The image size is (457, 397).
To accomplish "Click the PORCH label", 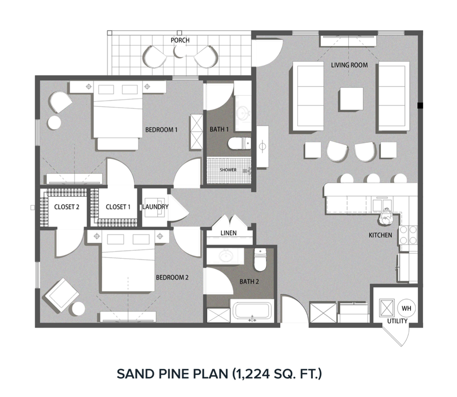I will tap(180, 40).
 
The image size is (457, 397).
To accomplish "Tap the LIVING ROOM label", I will tap(349, 65).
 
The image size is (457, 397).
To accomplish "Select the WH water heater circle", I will tap(406, 308).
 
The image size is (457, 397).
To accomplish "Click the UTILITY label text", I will tap(397, 321).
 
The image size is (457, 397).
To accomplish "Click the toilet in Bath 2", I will tap(260, 260).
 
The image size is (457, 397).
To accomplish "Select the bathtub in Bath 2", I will tap(253, 311).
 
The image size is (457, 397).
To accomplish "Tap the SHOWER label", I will tap(228, 170).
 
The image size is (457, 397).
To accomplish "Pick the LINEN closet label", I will tap(228, 233).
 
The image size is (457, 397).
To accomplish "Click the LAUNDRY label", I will tap(155, 207).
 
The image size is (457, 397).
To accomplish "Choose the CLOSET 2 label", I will tap(66, 207).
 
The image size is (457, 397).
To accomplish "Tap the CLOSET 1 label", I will tap(118, 207).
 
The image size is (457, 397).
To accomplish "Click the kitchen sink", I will tap(382, 205).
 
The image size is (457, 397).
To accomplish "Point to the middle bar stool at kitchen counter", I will tap(371, 179).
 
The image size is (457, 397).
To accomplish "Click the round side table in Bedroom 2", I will tap(78, 309).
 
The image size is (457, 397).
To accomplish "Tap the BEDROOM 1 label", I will tap(162, 130).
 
